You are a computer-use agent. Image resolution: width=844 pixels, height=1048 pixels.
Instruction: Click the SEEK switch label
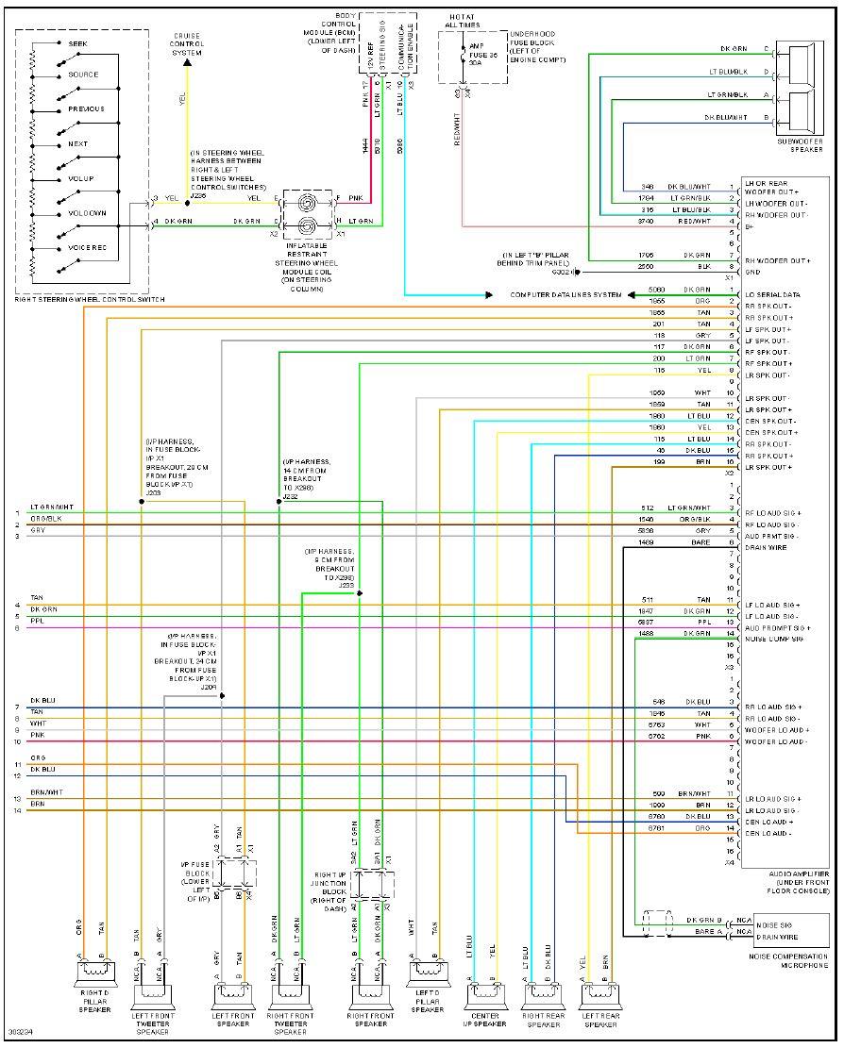79,43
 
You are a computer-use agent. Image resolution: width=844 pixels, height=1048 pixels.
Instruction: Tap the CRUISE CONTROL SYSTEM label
186,43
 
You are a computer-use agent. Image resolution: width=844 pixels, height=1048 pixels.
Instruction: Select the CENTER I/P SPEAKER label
484,1020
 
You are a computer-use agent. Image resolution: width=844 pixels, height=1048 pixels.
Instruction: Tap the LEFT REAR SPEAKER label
601,1020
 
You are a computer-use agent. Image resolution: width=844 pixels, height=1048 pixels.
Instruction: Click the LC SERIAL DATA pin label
773,295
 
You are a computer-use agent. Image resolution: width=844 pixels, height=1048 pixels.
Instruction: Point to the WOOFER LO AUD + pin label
777,730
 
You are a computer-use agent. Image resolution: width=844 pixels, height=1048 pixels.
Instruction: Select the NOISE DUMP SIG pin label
773,640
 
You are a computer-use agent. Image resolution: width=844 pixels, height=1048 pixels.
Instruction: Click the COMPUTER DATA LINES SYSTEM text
565,295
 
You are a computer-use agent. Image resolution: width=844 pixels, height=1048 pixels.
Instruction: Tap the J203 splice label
153,491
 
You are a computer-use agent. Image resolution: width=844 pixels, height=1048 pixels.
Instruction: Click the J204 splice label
208,688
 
